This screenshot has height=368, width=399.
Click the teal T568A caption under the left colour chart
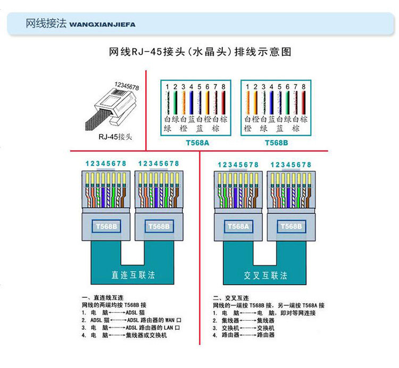click(197, 143)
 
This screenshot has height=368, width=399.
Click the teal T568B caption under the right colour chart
click(276, 143)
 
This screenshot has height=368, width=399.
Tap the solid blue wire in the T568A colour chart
click(191, 103)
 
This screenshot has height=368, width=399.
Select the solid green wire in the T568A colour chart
click(175, 103)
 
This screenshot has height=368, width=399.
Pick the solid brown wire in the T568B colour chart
click(303, 103)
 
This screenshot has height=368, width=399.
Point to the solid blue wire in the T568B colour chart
click(271, 103)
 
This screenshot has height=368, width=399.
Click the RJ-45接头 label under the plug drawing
click(115, 137)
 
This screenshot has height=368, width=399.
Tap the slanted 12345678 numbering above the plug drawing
click(127, 86)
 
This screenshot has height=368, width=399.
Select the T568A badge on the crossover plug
click(238, 227)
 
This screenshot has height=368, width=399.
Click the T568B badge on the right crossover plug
click(292, 227)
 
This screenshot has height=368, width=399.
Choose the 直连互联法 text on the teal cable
click(133, 275)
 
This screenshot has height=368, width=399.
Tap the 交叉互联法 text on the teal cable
click(265, 275)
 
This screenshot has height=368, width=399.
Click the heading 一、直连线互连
click(103, 298)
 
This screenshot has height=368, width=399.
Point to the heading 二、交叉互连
click(231, 298)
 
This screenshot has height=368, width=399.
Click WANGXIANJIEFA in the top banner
click(102, 24)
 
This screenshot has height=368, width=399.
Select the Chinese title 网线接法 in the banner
click(46, 23)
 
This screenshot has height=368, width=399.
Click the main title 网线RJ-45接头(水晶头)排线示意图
click(200, 52)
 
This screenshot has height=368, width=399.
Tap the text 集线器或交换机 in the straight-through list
click(146, 335)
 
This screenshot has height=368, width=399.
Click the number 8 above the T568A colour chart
click(223, 87)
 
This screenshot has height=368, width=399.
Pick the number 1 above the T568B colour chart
click(247, 87)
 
